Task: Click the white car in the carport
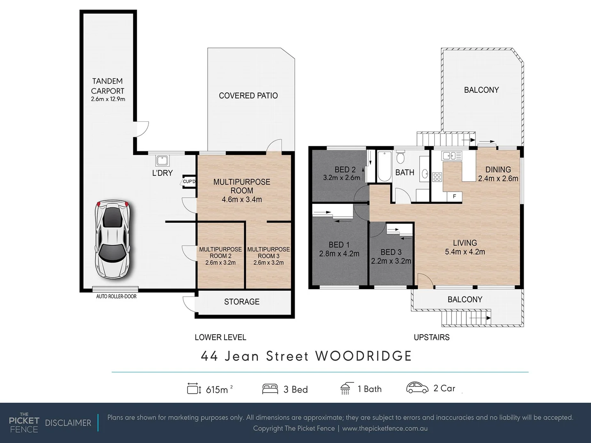pyautogui.click(x=112, y=238)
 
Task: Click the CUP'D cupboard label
pyautogui.click(x=189, y=181)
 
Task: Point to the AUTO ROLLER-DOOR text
pyautogui.click(x=116, y=296)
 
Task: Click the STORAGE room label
pyautogui.click(x=242, y=302)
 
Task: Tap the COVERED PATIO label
pyautogui.click(x=248, y=96)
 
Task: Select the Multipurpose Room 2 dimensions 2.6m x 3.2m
pyautogui.click(x=220, y=263)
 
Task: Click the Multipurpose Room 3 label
pyautogui.click(x=268, y=253)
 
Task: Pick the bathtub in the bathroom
pyautogui.click(x=384, y=166)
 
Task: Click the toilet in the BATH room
pyautogui.click(x=401, y=157)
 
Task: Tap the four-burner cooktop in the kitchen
pyautogui.click(x=437, y=177)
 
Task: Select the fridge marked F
pyautogui.click(x=454, y=196)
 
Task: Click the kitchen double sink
pyautogui.click(x=451, y=155)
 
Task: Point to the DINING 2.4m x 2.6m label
pyautogui.click(x=498, y=174)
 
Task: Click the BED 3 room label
pyautogui.click(x=391, y=252)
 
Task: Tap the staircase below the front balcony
pyautogui.click(x=466, y=318)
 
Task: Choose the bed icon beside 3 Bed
pyautogui.click(x=270, y=389)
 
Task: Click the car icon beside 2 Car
pyautogui.click(x=417, y=388)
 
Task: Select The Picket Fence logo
pyautogui.click(x=24, y=422)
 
